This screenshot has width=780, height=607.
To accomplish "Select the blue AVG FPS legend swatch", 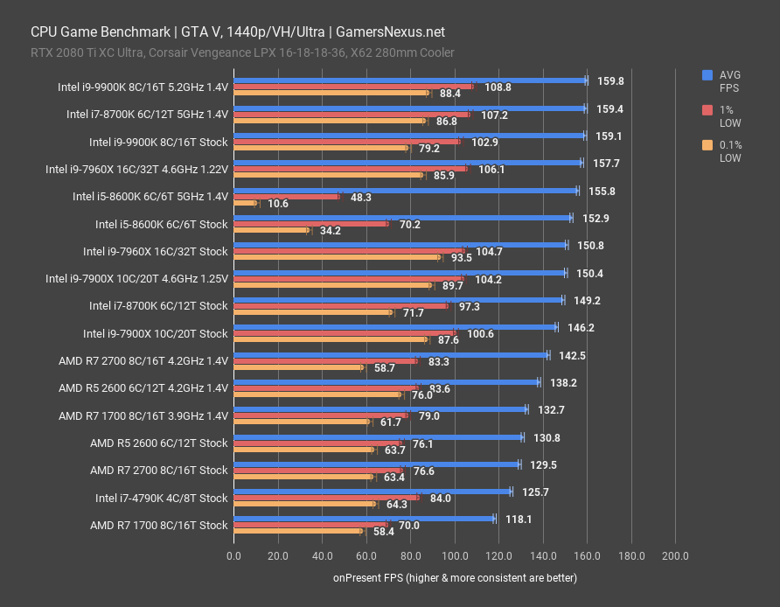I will [x=707, y=75].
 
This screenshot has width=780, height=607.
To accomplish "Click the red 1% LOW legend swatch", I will [x=707, y=109].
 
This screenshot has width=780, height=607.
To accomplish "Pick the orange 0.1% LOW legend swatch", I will [x=707, y=145].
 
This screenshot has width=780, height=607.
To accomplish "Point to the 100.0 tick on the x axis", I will [x=455, y=555].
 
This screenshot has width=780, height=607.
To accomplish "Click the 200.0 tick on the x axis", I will [x=675, y=555].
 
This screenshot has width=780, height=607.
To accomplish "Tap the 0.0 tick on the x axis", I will [x=233, y=555].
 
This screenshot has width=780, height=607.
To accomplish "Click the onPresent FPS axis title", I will [x=455, y=578].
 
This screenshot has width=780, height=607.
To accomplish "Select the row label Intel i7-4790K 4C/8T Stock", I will [x=161, y=499].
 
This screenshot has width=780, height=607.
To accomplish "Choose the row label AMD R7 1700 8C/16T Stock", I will [x=158, y=526].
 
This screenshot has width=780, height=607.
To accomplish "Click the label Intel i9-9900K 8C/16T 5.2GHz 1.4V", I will [x=143, y=87].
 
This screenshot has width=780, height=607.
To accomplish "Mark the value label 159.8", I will [x=609, y=80].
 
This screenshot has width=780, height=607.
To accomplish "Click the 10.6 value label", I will [x=278, y=204].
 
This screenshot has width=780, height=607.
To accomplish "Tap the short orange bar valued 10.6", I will [x=245, y=204].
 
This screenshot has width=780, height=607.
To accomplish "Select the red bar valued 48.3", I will [x=286, y=197].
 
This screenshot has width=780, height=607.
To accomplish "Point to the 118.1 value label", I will [x=518, y=519].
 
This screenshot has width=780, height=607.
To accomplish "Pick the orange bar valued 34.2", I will [x=271, y=231].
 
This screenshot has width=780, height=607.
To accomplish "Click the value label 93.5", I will [x=461, y=258].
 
